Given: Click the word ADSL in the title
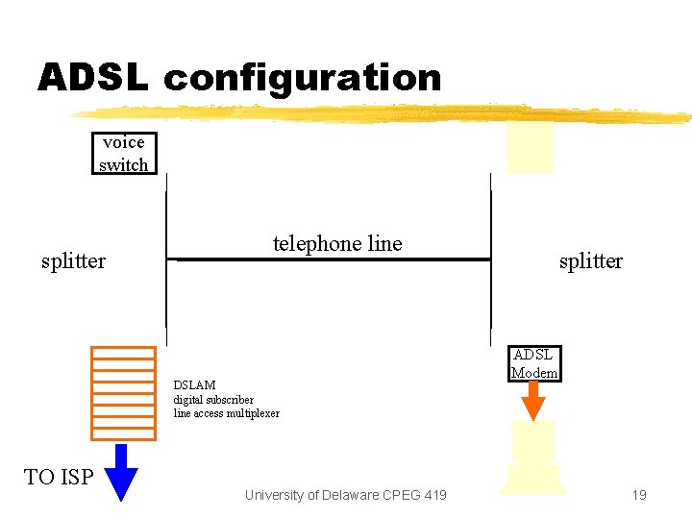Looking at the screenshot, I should (92, 78).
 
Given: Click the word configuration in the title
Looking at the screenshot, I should (303, 79).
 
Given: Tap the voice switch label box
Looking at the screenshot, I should (124, 154).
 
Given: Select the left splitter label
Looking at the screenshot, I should (73, 260).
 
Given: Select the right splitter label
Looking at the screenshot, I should (590, 260).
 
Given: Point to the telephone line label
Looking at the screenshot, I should (337, 244).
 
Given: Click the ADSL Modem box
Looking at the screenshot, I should (534, 363).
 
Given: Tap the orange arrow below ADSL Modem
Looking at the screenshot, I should (534, 401).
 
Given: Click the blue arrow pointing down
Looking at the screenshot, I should (121, 472).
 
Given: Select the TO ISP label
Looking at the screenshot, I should (59, 477).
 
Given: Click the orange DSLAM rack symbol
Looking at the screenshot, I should (123, 391).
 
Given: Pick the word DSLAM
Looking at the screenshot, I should (194, 385).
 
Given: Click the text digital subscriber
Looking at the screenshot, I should (213, 400).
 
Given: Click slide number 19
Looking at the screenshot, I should (639, 495).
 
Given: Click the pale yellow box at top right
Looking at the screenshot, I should (531, 149).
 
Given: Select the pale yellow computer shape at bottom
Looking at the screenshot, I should (533, 459).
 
